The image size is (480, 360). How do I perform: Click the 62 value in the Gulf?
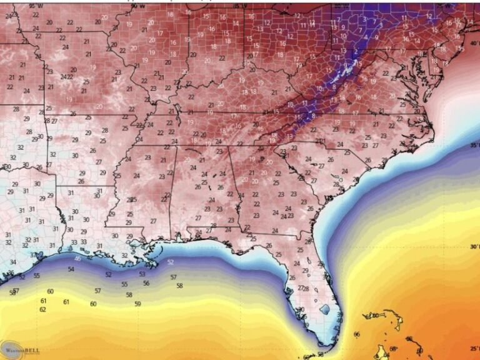pos(42,309)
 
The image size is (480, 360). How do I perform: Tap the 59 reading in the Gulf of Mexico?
pos(137,304)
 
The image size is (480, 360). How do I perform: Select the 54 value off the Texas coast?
pos(71,269)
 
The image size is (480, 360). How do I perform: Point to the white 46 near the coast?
pos(77,258)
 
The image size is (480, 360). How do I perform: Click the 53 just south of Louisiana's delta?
pos(142,274)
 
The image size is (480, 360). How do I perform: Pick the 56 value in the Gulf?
pos(146,283)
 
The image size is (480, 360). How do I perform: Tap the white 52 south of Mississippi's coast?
pos(171,262)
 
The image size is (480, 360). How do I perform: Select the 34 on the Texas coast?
pos(13,262)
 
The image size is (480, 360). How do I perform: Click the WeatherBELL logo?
pos(20,349)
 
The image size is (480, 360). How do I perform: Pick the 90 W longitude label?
pos(137,5)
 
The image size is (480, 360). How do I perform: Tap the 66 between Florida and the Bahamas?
pos(357,334)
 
